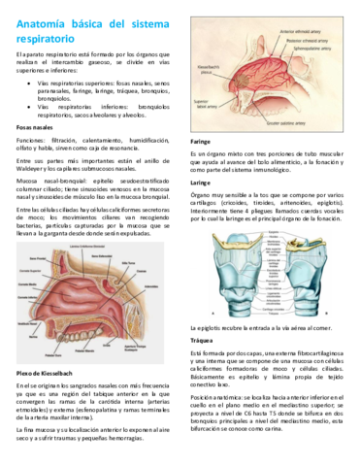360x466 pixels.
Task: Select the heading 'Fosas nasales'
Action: pos(37,126)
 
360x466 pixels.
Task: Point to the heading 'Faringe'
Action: pos(200,141)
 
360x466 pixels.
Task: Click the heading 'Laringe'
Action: pos(200,182)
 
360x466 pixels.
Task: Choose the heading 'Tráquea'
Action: pos(201,314)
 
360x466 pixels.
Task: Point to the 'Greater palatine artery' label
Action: pos(294,122)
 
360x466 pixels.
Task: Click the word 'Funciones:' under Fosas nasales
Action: pos(30,141)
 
